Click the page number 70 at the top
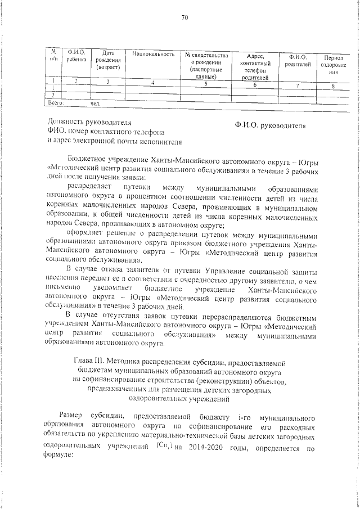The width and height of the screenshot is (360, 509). click(x=184, y=17)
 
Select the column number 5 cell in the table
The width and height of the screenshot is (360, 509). click(x=205, y=84)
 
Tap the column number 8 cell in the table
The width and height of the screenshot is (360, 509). click(x=333, y=86)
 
